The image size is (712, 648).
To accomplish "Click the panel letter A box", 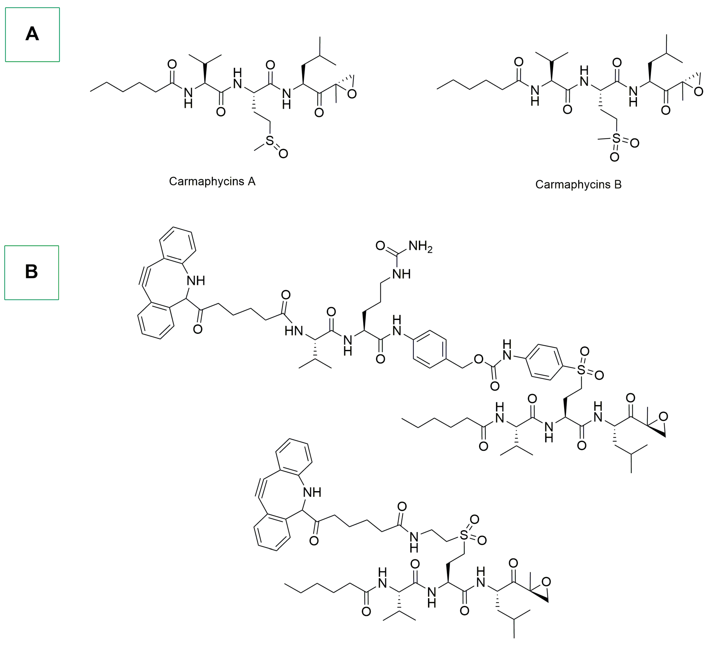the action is coord(32,35).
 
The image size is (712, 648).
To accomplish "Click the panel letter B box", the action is coord(32,273).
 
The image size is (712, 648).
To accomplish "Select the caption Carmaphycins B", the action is coord(578,184).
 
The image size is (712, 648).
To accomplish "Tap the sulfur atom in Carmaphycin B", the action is coord(616,138).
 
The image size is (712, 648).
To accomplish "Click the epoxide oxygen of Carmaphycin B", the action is coord(698,92).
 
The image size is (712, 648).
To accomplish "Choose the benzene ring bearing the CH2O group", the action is coord(429,349).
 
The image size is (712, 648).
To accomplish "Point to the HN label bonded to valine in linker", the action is coord(294,331).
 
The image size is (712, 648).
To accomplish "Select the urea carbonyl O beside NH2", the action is coord(380,246).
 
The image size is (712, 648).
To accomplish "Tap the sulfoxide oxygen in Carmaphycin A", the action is coord(283,153).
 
